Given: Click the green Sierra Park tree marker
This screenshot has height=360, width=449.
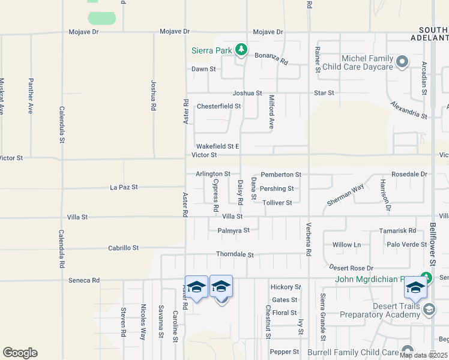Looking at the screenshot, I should click(x=241, y=49).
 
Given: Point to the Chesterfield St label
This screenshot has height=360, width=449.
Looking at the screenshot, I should click(x=218, y=106).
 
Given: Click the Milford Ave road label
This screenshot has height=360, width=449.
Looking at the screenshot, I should click(x=271, y=112).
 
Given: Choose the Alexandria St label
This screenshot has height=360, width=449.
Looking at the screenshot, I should click(x=408, y=109).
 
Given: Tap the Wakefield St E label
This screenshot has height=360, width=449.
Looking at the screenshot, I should click(x=217, y=146).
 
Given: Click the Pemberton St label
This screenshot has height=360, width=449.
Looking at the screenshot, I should click(x=280, y=175).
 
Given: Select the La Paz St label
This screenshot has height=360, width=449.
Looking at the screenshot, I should click(x=124, y=187).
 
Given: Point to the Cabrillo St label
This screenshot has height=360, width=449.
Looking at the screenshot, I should click(x=123, y=248).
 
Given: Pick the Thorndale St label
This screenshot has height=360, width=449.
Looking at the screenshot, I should click(x=235, y=255).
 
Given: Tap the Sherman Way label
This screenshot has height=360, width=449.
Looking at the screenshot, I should click(x=346, y=196).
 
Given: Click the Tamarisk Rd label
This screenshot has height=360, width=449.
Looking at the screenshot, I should click(x=397, y=230).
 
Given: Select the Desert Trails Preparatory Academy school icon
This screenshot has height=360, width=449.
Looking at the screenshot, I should click(x=429, y=310).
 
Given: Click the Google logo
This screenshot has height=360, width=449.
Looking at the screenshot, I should click(x=20, y=353).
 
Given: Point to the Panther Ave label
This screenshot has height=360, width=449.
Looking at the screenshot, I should click(x=30, y=96).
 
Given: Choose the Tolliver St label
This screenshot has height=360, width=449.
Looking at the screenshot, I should click(x=277, y=203).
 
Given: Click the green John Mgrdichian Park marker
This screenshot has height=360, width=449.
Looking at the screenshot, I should click(x=426, y=278).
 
